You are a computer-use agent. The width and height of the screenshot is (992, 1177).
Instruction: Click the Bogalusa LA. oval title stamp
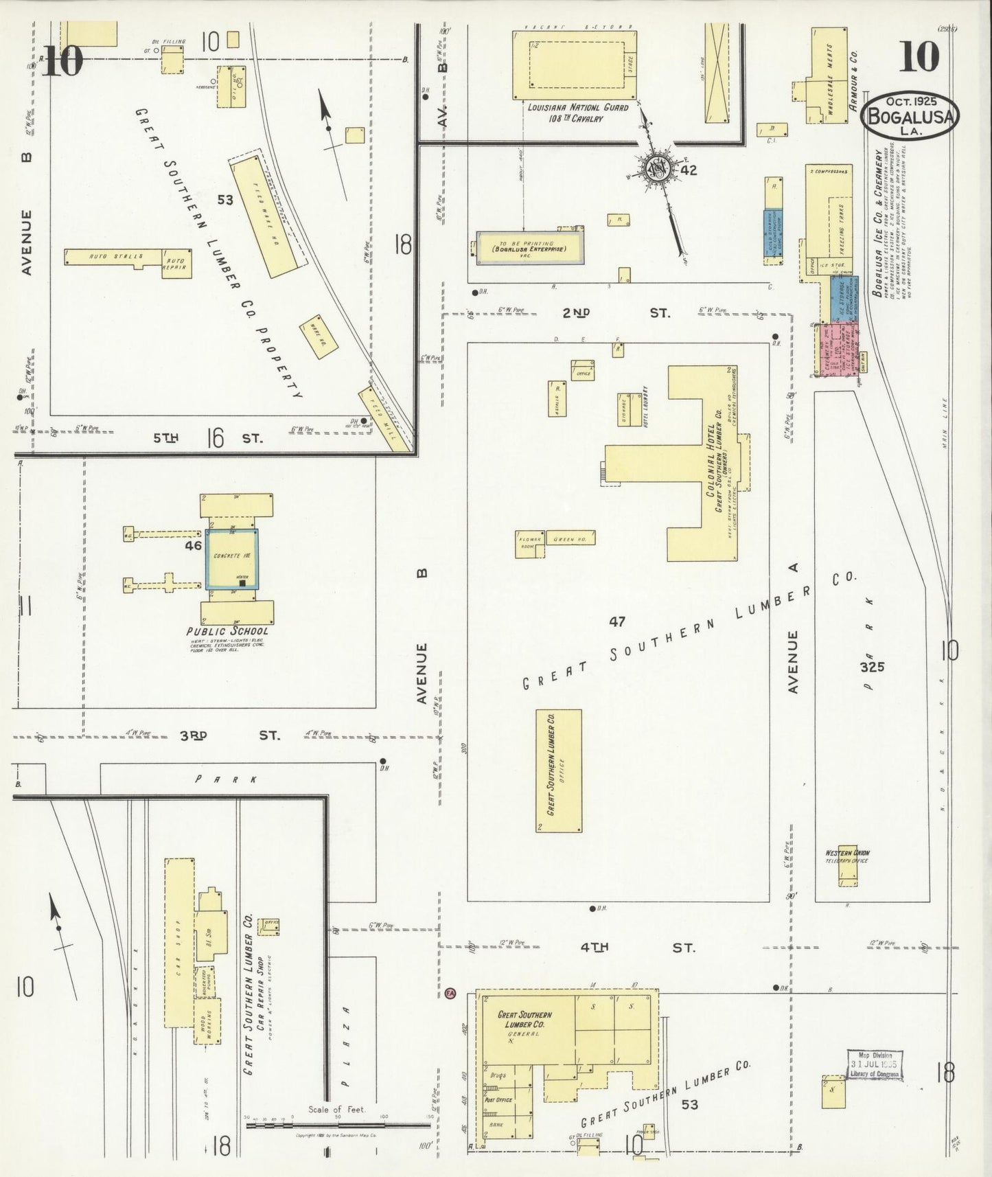[x=910, y=117]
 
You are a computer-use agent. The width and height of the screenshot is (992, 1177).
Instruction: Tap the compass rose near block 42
[x=656, y=168]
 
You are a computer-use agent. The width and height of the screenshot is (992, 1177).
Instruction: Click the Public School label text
[x=227, y=631]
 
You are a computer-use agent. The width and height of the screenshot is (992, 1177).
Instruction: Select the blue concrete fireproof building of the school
[x=233, y=559]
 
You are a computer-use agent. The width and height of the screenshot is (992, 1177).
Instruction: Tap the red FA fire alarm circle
[x=450, y=993]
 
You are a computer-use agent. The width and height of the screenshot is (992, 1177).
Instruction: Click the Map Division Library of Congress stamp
[x=875, y=1065]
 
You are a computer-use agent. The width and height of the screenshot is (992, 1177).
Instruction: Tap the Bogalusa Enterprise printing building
[x=530, y=248]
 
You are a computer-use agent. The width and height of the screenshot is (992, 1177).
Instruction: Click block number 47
[x=617, y=621]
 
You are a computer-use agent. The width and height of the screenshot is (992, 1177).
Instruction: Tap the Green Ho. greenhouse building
[x=570, y=538]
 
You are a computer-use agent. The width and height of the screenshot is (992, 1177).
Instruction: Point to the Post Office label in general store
[x=498, y=1099]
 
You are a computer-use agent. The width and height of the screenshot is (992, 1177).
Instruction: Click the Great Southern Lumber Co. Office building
[x=558, y=770]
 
